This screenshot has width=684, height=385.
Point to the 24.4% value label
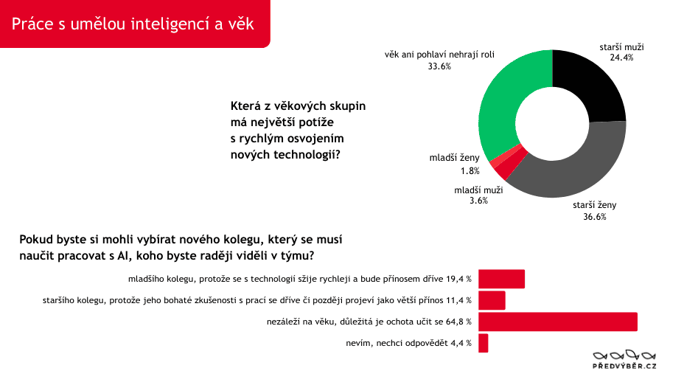tap(621, 57)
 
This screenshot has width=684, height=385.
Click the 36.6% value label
tap(594, 217)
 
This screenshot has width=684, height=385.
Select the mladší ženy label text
tap(454, 158)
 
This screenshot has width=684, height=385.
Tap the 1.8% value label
tap(470, 171)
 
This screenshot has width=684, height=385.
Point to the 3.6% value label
tap(478, 200)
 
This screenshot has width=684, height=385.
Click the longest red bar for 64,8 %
tap(558, 322)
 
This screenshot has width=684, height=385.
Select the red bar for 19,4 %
tap(501, 279)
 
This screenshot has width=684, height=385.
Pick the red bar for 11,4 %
tap(492, 300)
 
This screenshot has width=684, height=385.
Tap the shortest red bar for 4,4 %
tap(484, 343)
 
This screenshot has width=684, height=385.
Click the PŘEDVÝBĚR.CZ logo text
tap(625, 366)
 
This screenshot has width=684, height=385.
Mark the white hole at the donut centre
tap(552, 123)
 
